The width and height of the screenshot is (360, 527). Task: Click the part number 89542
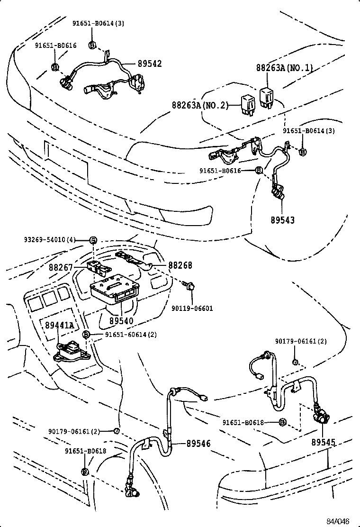(x=150, y=63)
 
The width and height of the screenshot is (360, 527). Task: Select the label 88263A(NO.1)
(x=285, y=68)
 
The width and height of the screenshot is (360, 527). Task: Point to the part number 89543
(x=283, y=220)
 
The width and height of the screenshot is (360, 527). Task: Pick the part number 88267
(x=61, y=268)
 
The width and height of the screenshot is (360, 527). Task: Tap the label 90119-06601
(x=192, y=309)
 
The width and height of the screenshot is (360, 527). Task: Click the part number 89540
(x=121, y=321)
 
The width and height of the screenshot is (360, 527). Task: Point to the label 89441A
(x=60, y=325)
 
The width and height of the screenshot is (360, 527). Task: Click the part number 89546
(x=198, y=444)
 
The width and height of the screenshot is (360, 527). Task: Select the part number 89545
(x=324, y=442)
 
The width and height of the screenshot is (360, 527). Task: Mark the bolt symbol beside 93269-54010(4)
(x=93, y=240)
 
